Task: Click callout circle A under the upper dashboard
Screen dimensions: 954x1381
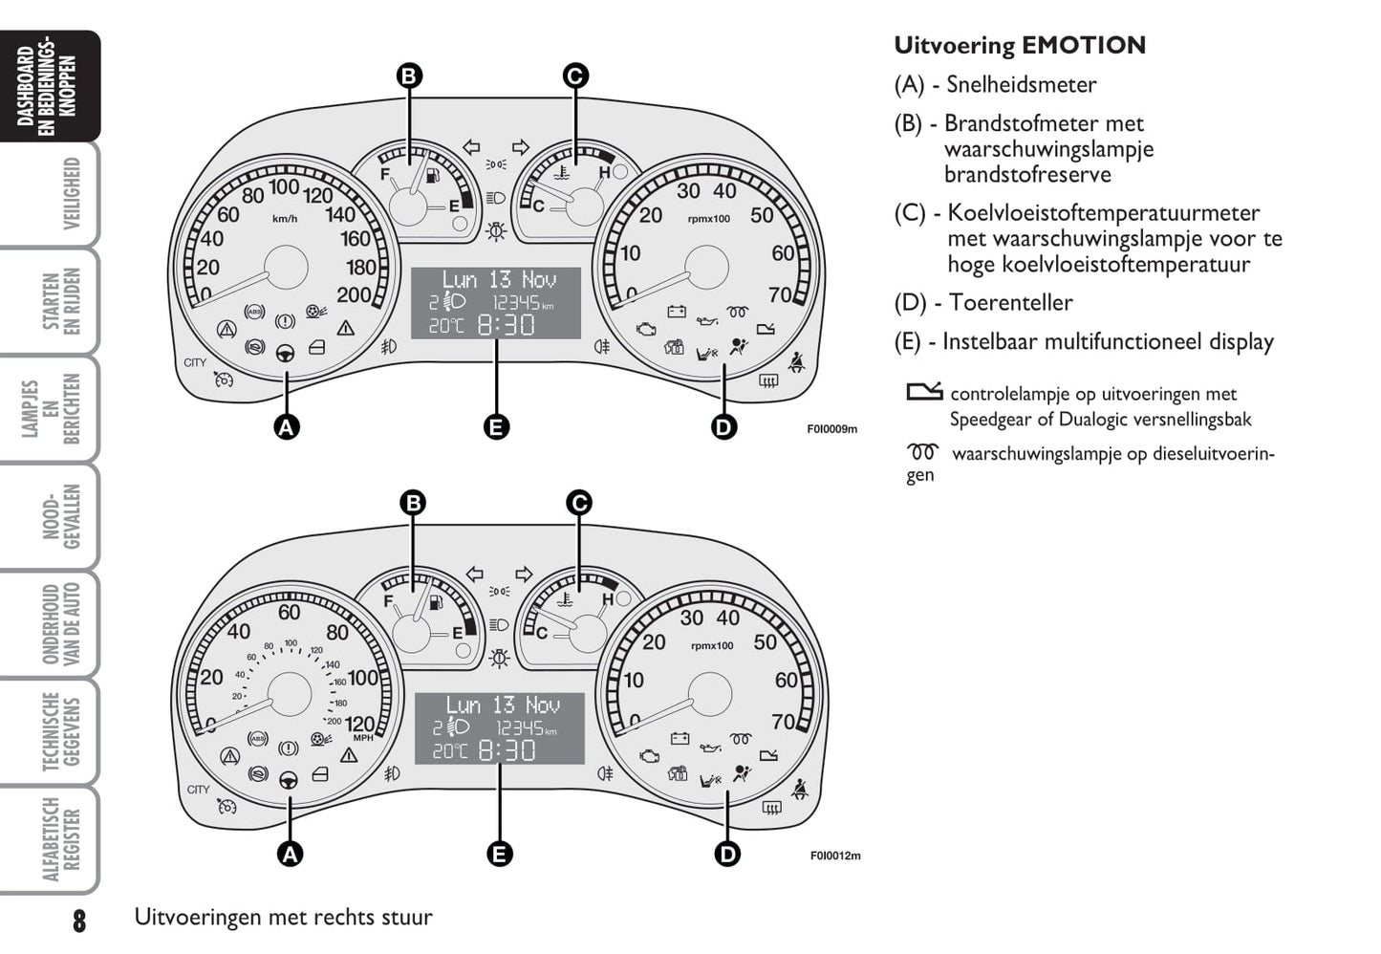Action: click(x=286, y=427)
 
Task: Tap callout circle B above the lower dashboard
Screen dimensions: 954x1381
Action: click(x=412, y=503)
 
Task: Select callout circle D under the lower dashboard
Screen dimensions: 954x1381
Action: click(x=727, y=854)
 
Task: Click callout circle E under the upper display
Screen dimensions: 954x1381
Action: click(x=496, y=427)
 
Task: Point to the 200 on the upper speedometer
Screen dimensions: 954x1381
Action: click(x=354, y=295)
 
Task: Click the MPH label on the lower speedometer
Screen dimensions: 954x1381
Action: click(x=363, y=738)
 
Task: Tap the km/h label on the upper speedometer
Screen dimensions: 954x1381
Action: click(x=285, y=219)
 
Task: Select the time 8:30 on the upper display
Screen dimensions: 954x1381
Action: click(x=506, y=325)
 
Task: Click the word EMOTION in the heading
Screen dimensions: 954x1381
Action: click(x=1083, y=46)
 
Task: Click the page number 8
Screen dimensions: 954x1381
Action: click(x=78, y=921)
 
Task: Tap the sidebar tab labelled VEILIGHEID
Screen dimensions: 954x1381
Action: click(x=72, y=194)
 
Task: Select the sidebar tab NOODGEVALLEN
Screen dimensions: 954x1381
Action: click(x=61, y=517)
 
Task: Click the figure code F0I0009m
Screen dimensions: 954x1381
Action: click(x=831, y=429)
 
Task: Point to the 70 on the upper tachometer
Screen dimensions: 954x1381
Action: click(x=781, y=295)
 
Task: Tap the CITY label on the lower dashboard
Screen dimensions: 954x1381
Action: click(x=198, y=790)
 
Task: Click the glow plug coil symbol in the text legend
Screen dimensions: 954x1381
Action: click(x=923, y=451)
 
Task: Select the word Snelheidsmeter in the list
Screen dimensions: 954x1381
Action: click(x=1021, y=85)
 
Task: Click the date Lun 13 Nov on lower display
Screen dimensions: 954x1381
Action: click(x=502, y=705)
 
